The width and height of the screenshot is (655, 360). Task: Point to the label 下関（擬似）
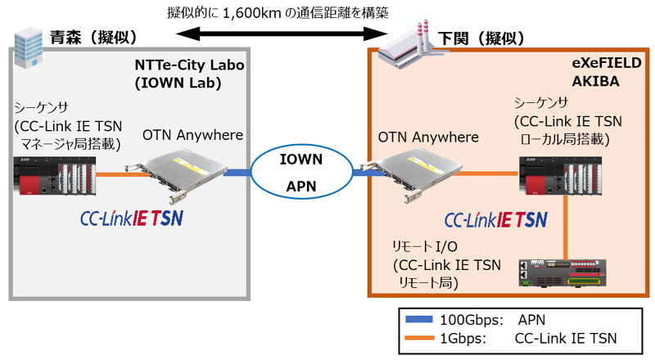pos(483,38)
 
